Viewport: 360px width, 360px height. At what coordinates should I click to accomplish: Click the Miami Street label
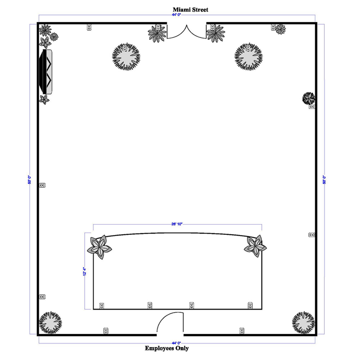pyautogui.click(x=190, y=10)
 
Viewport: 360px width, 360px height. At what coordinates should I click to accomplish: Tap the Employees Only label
pyautogui.click(x=167, y=348)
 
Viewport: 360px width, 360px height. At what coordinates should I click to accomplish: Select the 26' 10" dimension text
pyautogui.click(x=177, y=224)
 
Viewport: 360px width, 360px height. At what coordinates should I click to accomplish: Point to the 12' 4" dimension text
pyautogui.click(x=85, y=271)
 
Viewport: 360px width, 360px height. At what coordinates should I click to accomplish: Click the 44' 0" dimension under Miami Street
pyautogui.click(x=176, y=15)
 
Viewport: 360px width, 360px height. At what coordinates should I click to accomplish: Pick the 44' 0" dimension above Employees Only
pyautogui.click(x=176, y=343)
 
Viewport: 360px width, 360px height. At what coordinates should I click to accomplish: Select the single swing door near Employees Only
pyautogui.click(x=170, y=322)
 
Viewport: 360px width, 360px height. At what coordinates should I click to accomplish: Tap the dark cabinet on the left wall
pyautogui.click(x=46, y=72)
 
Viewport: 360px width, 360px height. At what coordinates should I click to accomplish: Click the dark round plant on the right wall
pyautogui.click(x=309, y=98)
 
